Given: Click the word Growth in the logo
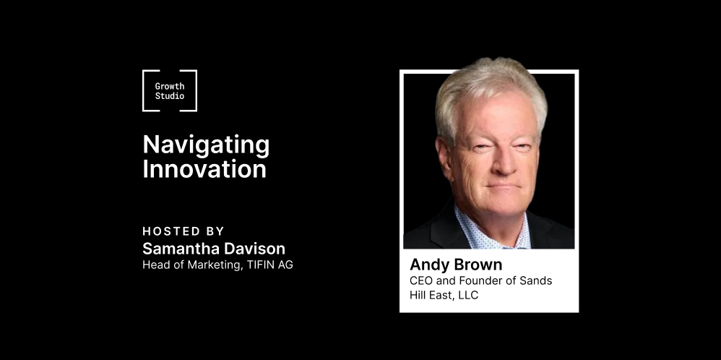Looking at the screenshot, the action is [170, 86].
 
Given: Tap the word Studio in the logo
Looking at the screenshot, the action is [170, 95].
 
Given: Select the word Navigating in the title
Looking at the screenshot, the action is [206, 146].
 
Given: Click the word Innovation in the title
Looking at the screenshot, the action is [204, 169].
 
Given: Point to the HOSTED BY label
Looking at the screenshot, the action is [184, 231].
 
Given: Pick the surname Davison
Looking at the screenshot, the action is [257, 249].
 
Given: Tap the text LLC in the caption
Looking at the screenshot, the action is [468, 295].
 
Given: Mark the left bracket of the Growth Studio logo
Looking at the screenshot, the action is [144, 90].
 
